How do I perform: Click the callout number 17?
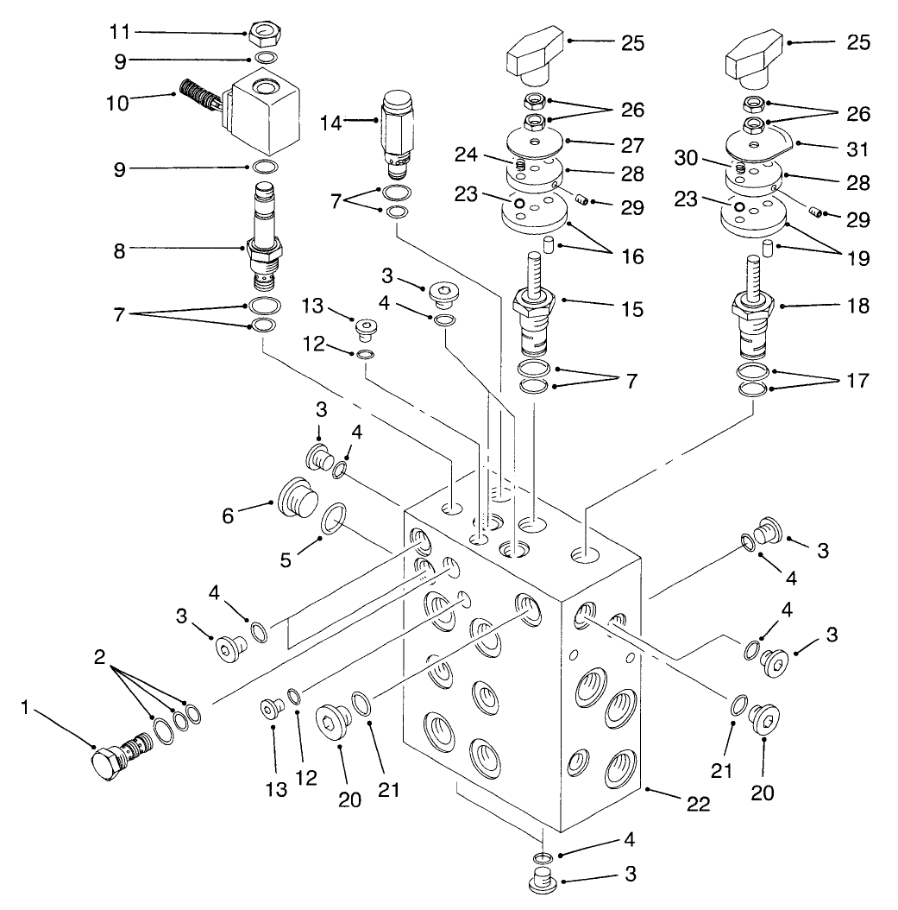point(857,381)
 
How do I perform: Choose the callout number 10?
point(117,103)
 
